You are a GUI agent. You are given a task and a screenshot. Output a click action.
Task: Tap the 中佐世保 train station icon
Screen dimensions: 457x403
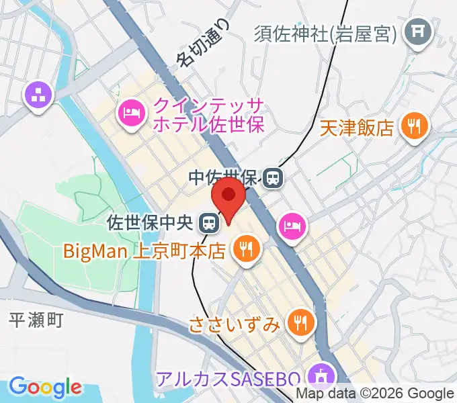tap(273, 178)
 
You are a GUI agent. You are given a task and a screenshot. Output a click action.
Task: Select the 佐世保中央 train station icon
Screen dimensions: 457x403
tap(210, 222)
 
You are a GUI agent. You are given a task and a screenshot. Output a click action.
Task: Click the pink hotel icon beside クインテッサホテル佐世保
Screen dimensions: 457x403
tap(130, 112)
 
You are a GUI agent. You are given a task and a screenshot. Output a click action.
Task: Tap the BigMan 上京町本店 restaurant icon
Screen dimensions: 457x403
tap(243, 250)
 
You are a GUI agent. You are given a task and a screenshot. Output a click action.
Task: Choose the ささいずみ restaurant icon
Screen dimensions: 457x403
tap(298, 324)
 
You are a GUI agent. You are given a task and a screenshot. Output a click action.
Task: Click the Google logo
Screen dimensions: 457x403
tap(45, 387)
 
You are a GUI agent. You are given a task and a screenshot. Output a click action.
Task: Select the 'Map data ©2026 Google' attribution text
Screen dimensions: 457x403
tap(376, 393)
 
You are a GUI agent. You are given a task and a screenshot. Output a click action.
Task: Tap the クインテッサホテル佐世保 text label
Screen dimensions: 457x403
tap(209, 114)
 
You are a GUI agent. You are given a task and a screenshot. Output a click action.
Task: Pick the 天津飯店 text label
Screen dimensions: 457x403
tap(356, 127)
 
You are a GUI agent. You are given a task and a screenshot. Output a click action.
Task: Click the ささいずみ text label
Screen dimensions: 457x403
tap(233, 325)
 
